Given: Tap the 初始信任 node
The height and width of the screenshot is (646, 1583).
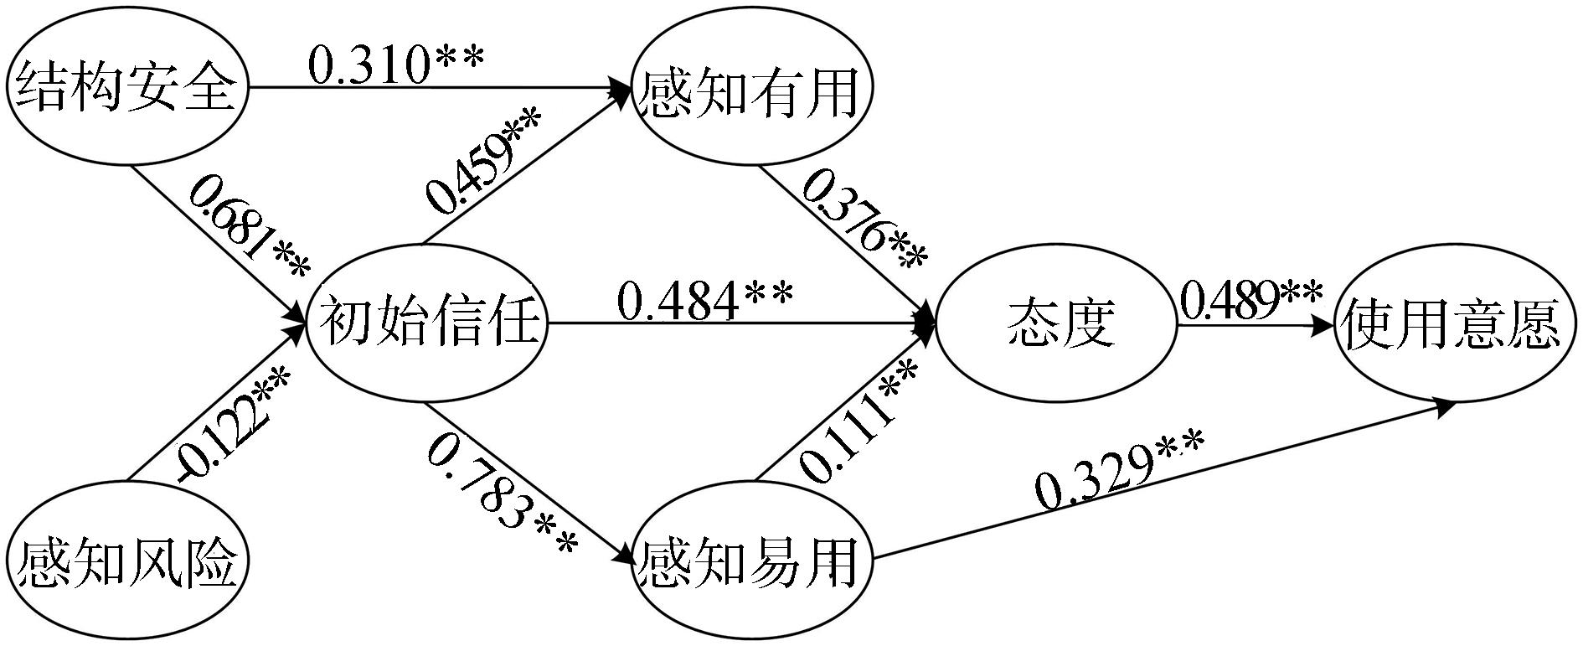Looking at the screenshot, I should (428, 323).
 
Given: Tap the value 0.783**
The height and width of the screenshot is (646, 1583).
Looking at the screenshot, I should (503, 494).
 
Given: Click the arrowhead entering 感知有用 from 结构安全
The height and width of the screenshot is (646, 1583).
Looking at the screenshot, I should (621, 86).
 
